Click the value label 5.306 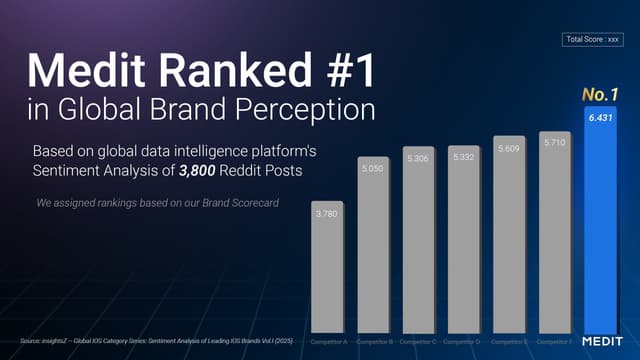418,158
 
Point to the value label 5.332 464,157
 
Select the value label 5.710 555,143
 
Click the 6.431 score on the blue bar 602,118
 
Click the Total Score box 593,40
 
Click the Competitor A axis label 329,342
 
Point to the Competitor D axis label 465,342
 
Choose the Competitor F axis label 556,342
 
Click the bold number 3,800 202,173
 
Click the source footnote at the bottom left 150,342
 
